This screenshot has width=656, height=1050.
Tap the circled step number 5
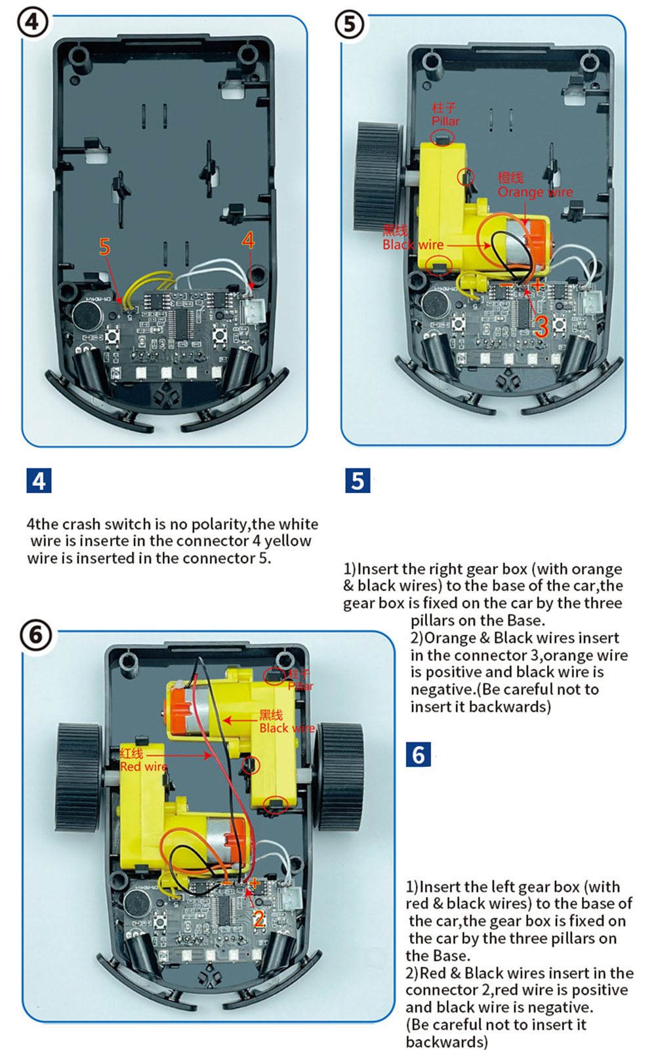click(x=350, y=25)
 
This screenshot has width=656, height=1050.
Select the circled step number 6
click(x=35, y=635)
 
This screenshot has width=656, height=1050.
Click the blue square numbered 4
click(x=39, y=481)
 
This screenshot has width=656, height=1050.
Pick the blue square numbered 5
click(x=358, y=481)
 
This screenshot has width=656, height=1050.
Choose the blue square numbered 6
click(x=419, y=755)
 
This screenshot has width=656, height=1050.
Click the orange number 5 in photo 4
click(x=105, y=247)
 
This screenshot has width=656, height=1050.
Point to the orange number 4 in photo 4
click(x=248, y=240)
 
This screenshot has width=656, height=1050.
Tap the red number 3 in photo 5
click(x=541, y=326)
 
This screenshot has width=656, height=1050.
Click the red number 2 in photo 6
click(x=259, y=919)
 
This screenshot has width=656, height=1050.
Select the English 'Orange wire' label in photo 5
click(x=535, y=192)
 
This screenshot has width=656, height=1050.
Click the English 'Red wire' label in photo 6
click(x=144, y=767)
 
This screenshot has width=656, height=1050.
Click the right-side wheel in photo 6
click(x=339, y=777)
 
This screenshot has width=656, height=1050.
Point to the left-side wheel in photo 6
click(x=79, y=777)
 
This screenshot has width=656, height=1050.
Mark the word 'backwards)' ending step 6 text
click(x=447, y=1041)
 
